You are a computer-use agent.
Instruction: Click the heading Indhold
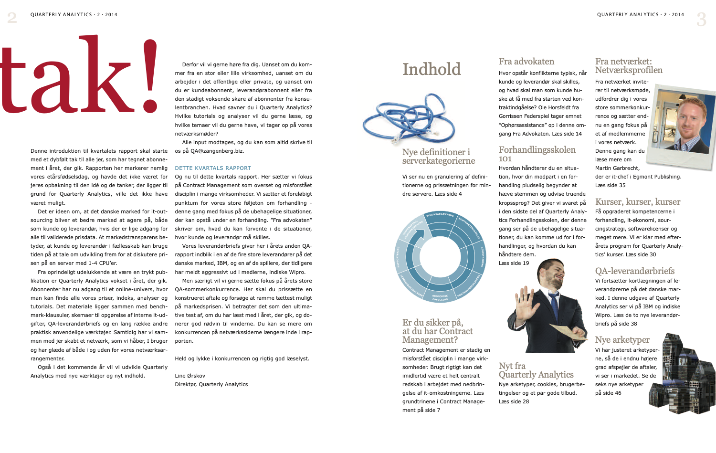click(432, 70)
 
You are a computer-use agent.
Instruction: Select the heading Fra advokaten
click(526, 62)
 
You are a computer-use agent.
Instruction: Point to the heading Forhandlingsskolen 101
click(537, 154)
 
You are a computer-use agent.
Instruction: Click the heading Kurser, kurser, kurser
click(638, 202)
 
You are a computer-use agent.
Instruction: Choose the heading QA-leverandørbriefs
click(635, 271)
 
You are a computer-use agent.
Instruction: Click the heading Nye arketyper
click(622, 340)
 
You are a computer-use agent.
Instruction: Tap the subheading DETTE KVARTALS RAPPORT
click(213, 168)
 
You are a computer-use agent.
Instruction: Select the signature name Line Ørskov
click(190, 376)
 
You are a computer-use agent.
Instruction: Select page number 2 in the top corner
click(12, 18)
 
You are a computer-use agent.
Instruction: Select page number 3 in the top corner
click(701, 19)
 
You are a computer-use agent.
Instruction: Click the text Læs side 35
click(610, 185)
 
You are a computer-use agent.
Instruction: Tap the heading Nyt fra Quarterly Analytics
click(536, 370)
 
